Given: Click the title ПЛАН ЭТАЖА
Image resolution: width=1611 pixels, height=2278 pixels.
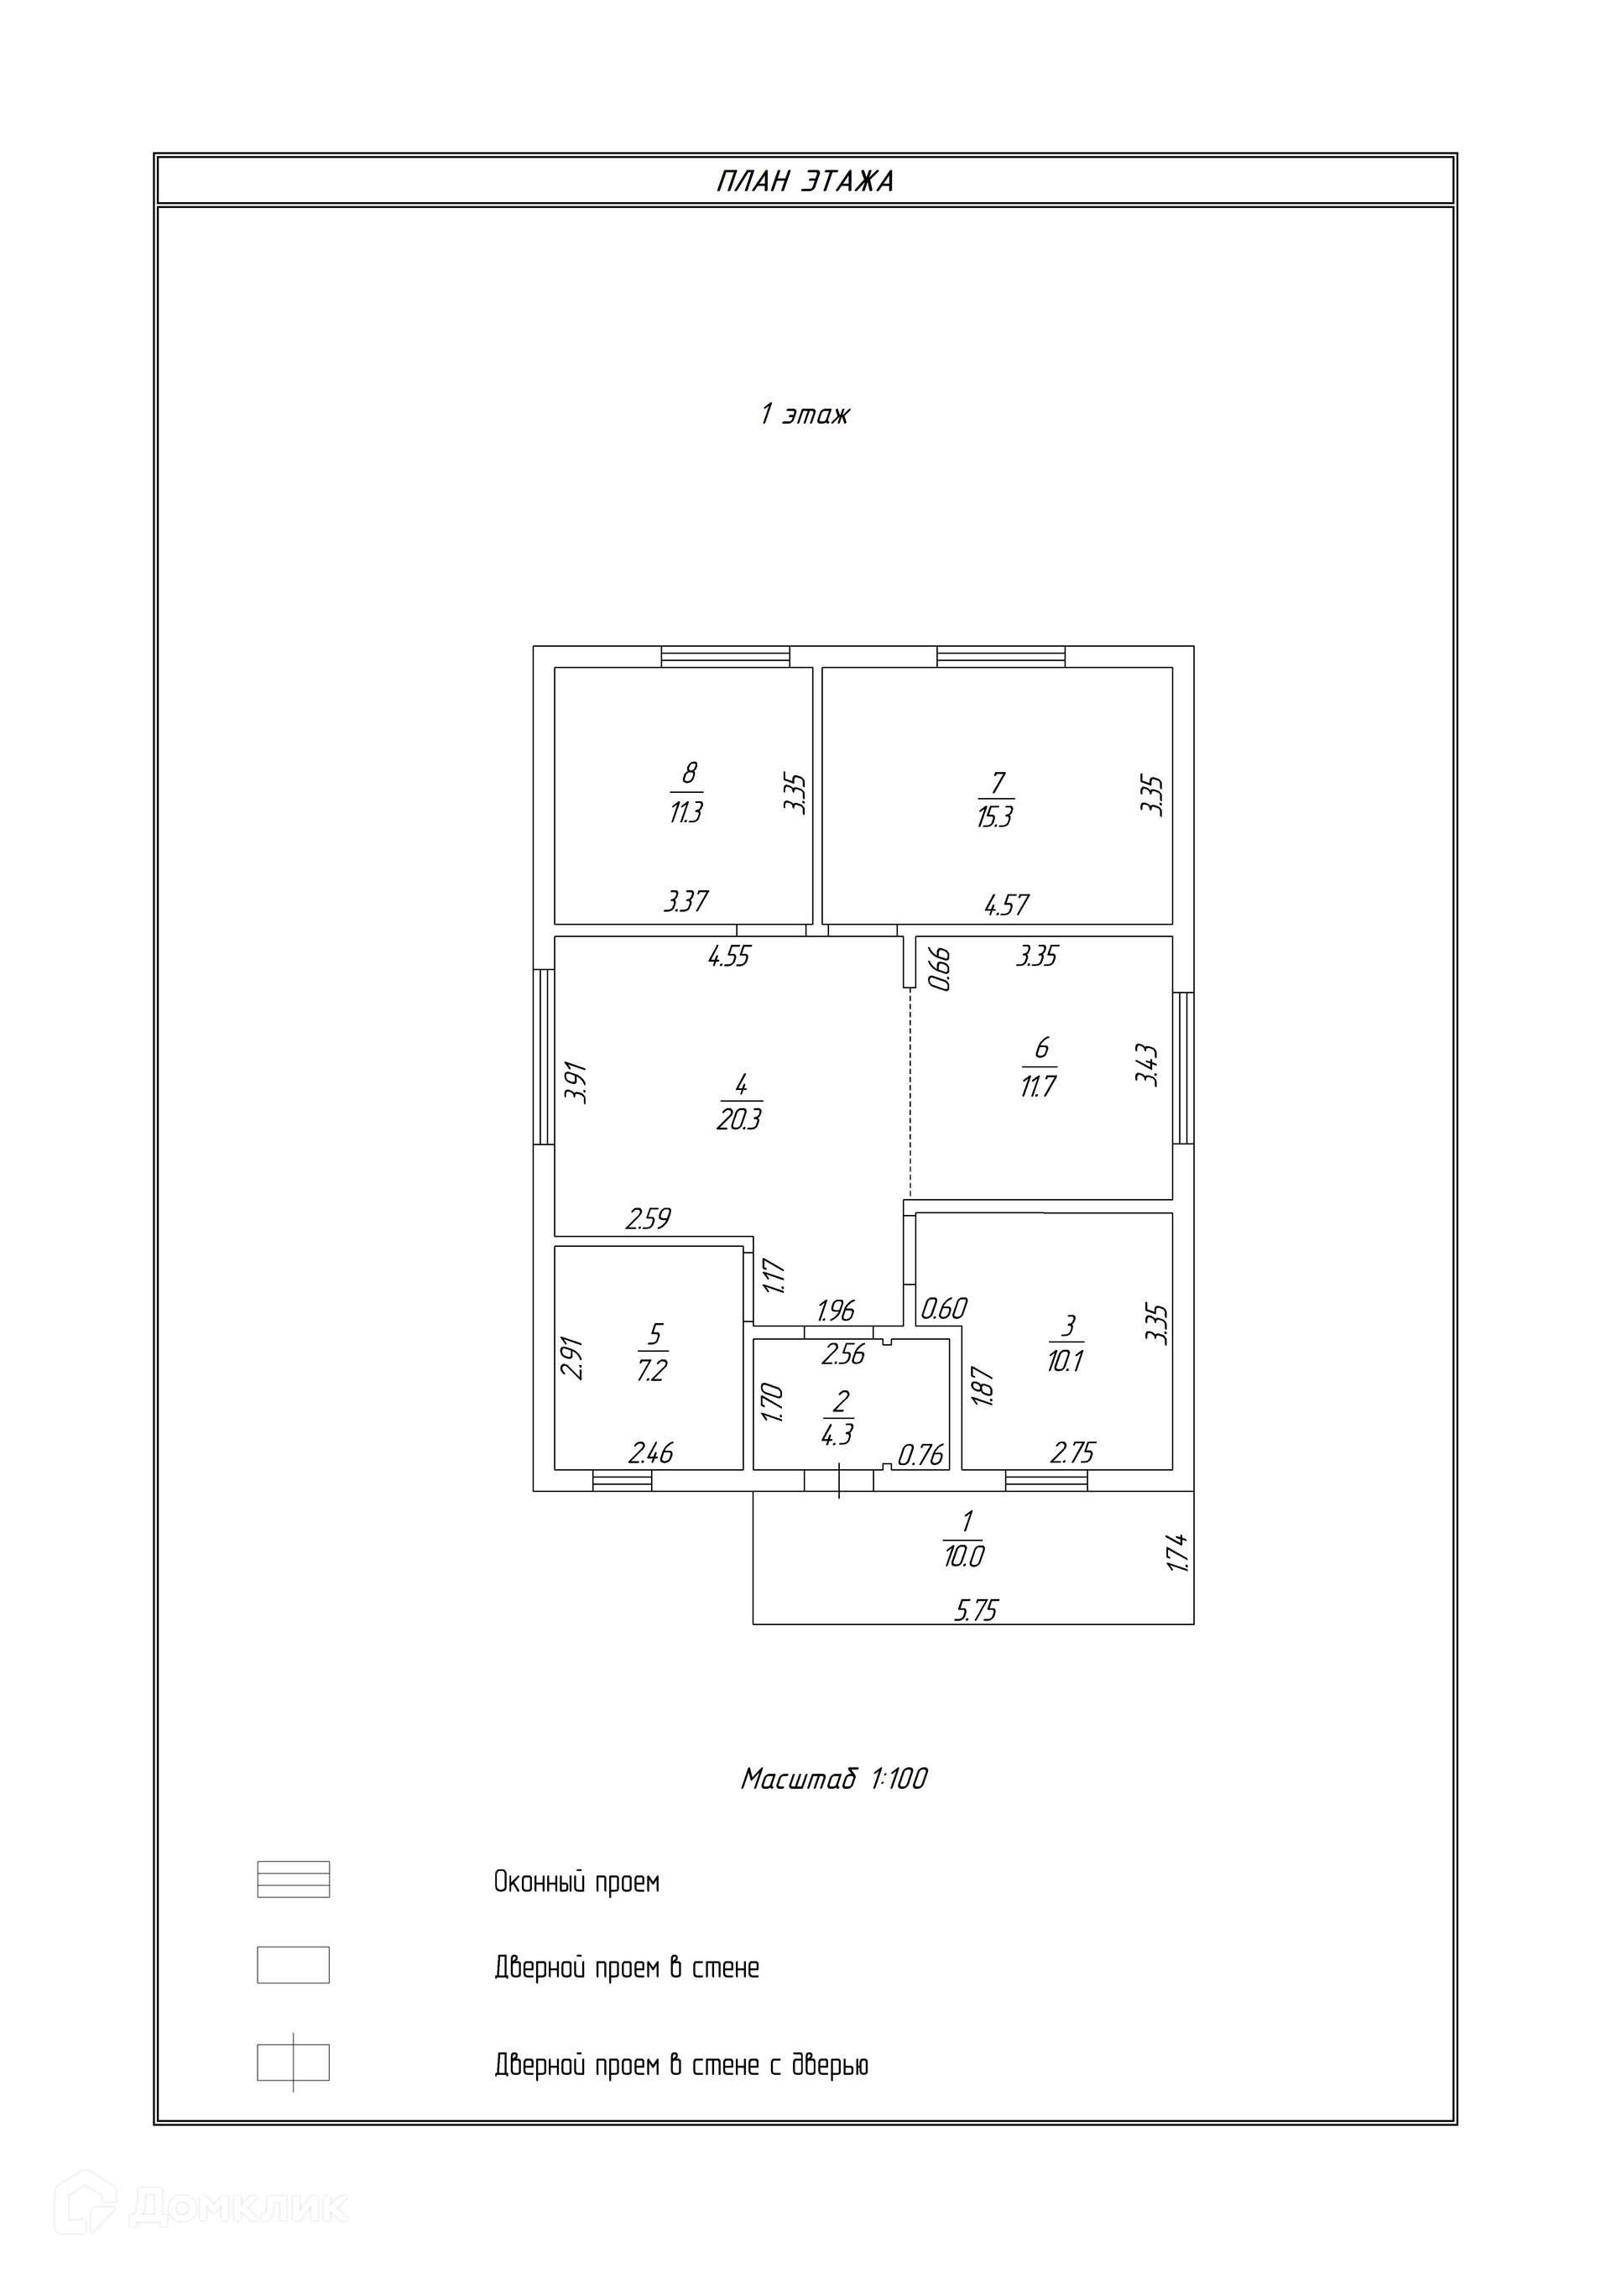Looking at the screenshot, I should click(x=805, y=181).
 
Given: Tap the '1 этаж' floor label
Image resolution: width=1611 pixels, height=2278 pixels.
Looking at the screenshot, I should click(x=805, y=414).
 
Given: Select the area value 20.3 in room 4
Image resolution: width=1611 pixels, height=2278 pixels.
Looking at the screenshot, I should click(x=739, y=1120).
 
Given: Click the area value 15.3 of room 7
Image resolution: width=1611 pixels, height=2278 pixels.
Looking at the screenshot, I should click(x=994, y=817).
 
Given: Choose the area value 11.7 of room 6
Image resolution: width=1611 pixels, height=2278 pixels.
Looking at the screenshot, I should click(x=1038, y=1087).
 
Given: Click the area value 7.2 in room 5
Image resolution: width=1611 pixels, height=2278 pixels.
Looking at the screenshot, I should click(x=652, y=1371).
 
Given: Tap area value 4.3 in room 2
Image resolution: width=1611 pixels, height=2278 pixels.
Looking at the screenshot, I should click(x=837, y=1434).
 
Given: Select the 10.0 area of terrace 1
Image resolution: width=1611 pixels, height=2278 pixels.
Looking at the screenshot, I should click(x=963, y=1556).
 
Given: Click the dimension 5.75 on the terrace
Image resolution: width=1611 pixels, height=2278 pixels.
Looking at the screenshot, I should click(x=975, y=1609).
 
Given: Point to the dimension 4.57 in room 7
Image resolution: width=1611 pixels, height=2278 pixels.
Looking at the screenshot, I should click(x=1006, y=904).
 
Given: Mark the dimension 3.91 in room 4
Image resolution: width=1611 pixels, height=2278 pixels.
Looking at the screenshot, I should click(x=576, y=1082).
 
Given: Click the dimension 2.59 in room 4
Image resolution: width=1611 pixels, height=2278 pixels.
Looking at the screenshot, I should click(x=648, y=1218).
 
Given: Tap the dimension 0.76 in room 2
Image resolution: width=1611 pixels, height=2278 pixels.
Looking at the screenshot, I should click(x=920, y=1456).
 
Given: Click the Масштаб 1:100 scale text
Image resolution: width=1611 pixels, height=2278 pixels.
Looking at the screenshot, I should click(x=833, y=1779).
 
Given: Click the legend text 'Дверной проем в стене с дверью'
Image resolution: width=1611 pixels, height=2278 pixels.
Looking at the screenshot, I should click(x=680, y=2066).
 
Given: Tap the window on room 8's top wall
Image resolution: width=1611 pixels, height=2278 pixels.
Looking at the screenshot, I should click(x=725, y=656).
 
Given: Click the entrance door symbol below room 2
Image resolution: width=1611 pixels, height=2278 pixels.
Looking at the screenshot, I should click(x=838, y=1480).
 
